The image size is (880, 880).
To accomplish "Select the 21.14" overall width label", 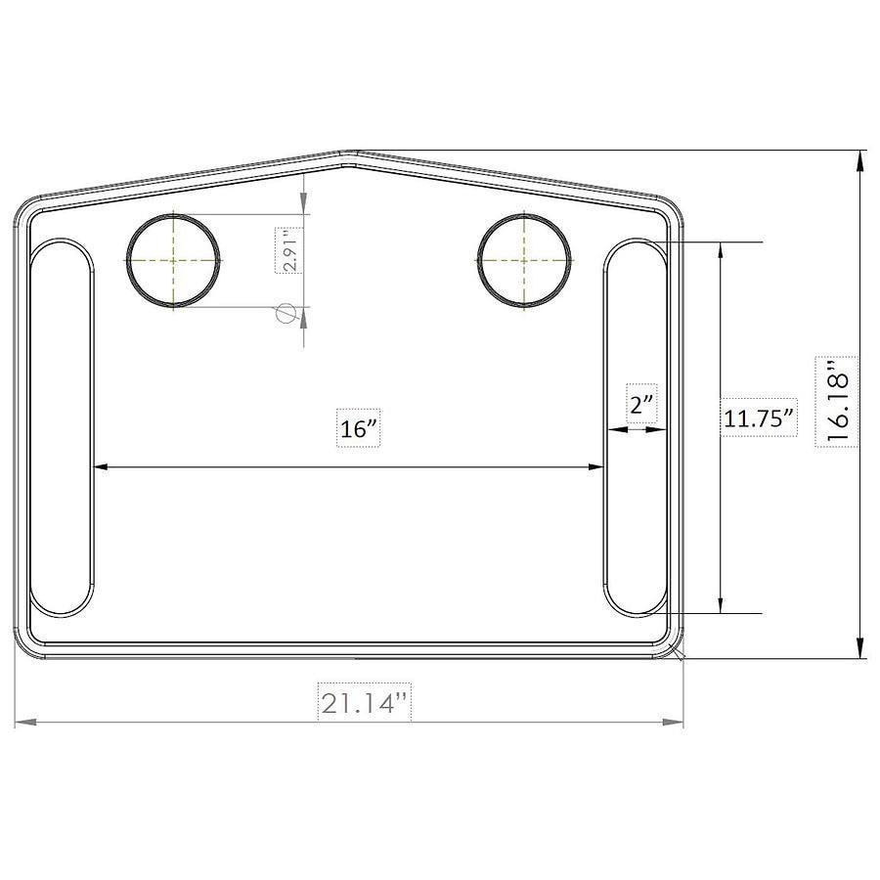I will (364, 702).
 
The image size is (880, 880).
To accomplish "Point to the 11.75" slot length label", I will (758, 418).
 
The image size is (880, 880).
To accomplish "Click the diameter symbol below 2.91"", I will (286, 313).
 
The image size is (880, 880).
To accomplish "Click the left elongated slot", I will (62, 427).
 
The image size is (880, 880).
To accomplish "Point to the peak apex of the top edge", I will (349, 154).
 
